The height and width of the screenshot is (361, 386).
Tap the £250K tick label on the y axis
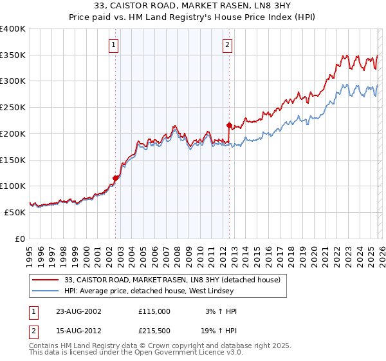(x=13, y=108)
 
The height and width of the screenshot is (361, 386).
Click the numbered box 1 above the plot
(x=113, y=45)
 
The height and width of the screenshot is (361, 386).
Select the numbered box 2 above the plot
(x=228, y=45)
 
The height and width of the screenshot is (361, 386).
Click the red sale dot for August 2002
(x=116, y=178)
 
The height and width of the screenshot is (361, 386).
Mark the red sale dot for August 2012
(x=230, y=125)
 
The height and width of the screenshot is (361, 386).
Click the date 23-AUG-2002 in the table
(x=78, y=311)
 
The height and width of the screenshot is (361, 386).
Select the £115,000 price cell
(x=154, y=311)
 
